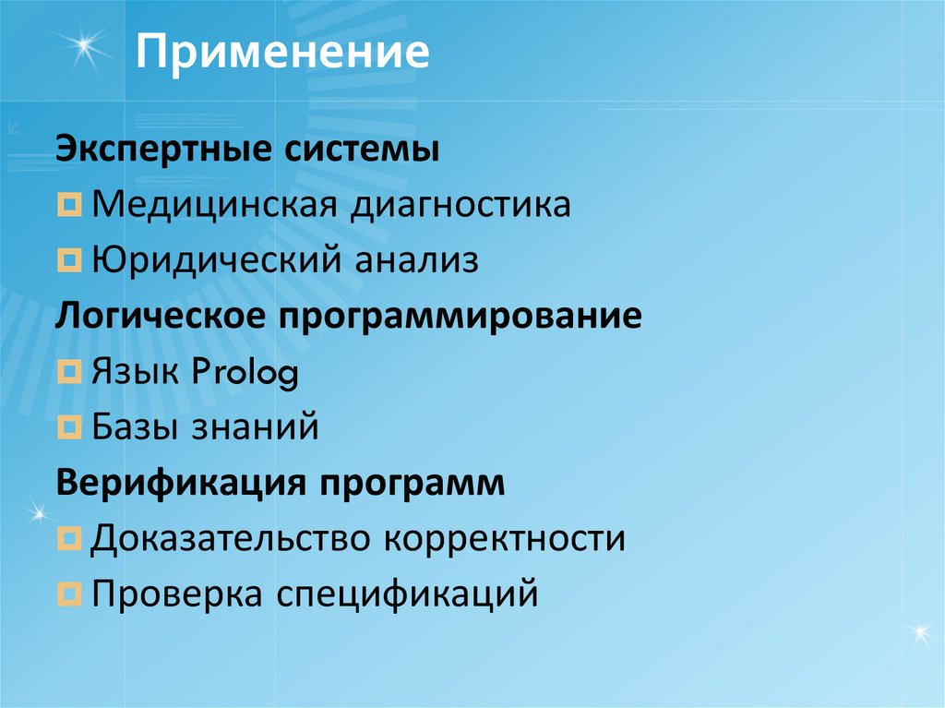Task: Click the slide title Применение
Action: [283, 54]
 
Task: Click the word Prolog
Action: [246, 372]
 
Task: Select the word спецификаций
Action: [407, 594]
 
